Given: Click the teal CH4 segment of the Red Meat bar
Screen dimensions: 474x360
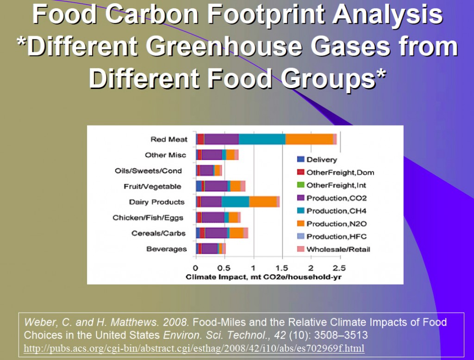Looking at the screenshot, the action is [x=262, y=139].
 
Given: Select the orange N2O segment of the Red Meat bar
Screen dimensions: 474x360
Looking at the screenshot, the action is [x=309, y=139].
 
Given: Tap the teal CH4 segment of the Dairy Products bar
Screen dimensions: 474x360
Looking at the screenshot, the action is [x=235, y=202].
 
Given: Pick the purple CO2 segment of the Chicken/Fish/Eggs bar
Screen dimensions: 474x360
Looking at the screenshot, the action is [x=213, y=217].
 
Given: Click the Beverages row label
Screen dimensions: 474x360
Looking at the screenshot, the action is [x=167, y=249].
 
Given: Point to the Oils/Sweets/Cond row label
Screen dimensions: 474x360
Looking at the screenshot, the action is [x=148, y=171].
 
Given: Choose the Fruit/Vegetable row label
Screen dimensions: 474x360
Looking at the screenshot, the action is [x=152, y=186].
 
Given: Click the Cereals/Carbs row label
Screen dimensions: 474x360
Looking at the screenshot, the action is [x=158, y=233].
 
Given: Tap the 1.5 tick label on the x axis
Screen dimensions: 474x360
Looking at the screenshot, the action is [x=281, y=268].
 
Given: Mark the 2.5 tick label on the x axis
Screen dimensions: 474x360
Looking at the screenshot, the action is [x=339, y=268].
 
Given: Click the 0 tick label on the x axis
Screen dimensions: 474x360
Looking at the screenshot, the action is [x=195, y=268].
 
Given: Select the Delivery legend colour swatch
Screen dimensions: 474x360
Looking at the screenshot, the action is [x=300, y=159].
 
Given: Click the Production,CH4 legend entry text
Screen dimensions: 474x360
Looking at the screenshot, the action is [x=337, y=211].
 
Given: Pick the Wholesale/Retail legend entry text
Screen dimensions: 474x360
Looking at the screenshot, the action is [x=338, y=249].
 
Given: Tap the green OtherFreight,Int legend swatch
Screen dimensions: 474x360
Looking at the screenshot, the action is [x=300, y=184].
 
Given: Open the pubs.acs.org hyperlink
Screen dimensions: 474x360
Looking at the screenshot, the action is [x=194, y=348].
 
